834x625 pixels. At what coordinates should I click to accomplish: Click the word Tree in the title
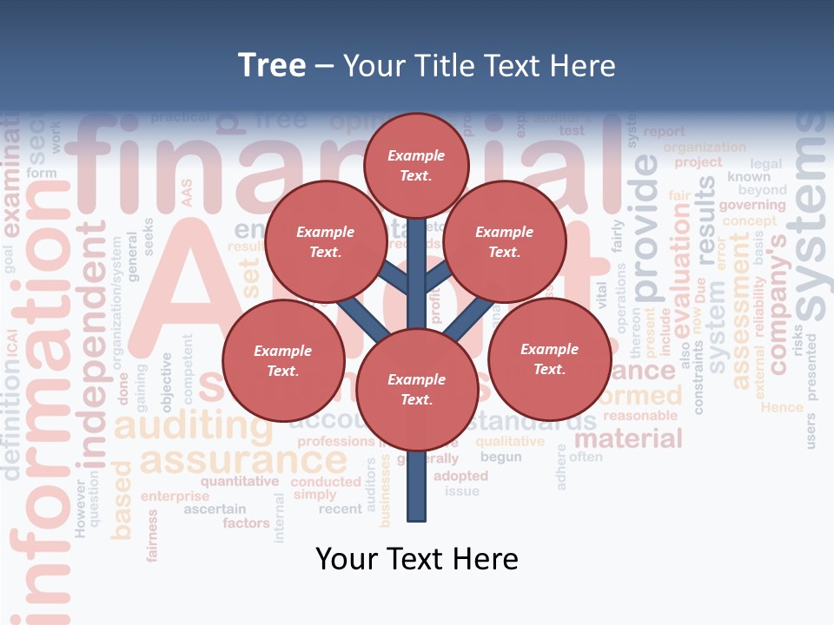click(x=272, y=66)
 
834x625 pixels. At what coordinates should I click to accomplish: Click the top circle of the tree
click(x=416, y=165)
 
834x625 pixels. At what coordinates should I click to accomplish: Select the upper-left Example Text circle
click(x=325, y=241)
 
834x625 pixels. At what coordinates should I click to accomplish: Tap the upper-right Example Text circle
click(x=504, y=241)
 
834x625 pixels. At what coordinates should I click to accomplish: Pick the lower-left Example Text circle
click(x=283, y=360)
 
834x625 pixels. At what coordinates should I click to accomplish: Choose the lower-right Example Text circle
click(x=549, y=359)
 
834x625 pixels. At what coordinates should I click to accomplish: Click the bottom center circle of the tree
click(x=416, y=389)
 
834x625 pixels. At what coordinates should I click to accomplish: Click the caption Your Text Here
click(x=416, y=559)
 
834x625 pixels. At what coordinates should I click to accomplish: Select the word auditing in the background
click(x=182, y=425)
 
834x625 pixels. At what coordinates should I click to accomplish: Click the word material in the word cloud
click(x=628, y=438)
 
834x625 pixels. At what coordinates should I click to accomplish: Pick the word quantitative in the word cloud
click(x=240, y=481)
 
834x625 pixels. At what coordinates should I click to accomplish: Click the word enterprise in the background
click(x=175, y=497)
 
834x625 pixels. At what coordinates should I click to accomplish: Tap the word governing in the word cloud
click(x=751, y=206)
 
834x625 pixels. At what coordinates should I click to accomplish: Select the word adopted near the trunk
click(x=460, y=476)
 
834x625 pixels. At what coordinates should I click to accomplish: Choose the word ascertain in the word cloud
click(x=215, y=509)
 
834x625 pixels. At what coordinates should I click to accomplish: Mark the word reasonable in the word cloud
click(x=645, y=416)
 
